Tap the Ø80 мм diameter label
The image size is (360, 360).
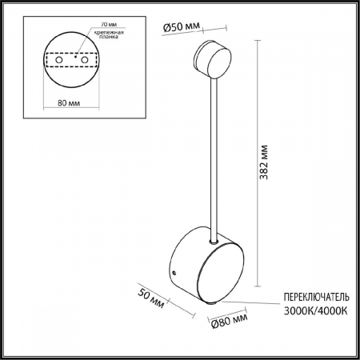click(226, 322)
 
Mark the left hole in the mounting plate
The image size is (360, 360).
click(58, 59)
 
